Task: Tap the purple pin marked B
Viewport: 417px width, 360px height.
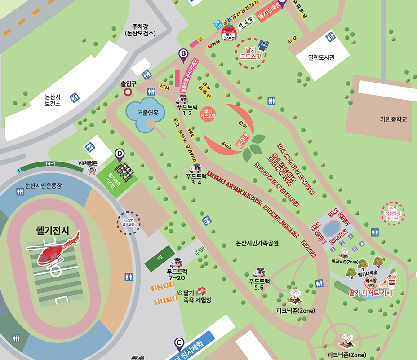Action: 183,55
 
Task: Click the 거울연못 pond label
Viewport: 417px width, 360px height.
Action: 148,113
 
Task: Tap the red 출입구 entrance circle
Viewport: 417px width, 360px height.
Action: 128,92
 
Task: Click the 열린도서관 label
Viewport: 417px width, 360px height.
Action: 322,57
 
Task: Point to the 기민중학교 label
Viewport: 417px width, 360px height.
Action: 392,119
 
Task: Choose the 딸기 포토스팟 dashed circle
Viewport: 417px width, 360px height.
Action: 251,53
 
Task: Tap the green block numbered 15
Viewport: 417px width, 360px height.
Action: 160,258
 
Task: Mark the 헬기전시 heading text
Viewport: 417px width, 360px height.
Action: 53,231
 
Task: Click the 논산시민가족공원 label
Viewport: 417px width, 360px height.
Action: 257,243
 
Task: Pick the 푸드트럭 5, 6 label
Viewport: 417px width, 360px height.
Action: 259,284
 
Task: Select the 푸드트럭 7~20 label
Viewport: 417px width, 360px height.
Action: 177,275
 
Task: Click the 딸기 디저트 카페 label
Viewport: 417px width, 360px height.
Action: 370,293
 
